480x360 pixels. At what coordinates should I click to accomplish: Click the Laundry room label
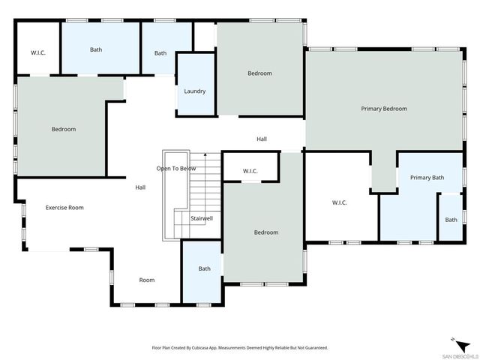(x=194, y=91)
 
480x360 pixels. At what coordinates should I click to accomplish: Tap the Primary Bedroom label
(x=384, y=109)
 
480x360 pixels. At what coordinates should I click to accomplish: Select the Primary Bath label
(x=427, y=178)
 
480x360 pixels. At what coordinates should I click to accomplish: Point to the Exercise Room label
(x=64, y=208)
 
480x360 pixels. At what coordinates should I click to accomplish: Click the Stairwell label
(x=202, y=218)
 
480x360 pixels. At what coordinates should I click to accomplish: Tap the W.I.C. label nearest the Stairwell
(x=250, y=172)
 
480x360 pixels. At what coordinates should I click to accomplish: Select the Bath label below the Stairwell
(x=205, y=268)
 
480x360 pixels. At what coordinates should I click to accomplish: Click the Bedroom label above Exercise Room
(x=64, y=129)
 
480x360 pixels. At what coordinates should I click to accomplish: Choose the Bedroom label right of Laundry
(x=259, y=73)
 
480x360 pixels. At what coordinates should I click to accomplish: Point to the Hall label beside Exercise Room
(x=140, y=187)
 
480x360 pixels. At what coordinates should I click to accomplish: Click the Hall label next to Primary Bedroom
(x=262, y=139)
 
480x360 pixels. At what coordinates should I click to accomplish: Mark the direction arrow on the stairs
(x=205, y=155)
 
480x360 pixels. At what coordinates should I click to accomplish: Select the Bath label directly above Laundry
(x=160, y=53)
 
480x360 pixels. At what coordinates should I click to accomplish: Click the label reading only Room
(x=147, y=280)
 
